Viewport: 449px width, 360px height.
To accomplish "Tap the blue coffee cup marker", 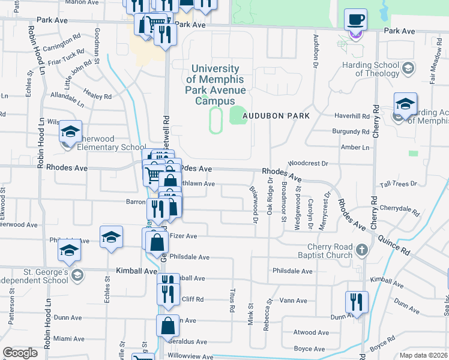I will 355,19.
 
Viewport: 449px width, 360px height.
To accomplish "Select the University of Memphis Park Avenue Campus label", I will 215,85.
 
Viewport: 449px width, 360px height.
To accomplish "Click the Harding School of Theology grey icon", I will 408,68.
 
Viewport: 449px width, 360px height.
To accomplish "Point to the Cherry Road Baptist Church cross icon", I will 361,249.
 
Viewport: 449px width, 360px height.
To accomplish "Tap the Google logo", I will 20,353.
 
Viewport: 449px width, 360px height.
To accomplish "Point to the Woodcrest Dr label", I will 309,163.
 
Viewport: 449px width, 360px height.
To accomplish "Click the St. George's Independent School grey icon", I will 76,275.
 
